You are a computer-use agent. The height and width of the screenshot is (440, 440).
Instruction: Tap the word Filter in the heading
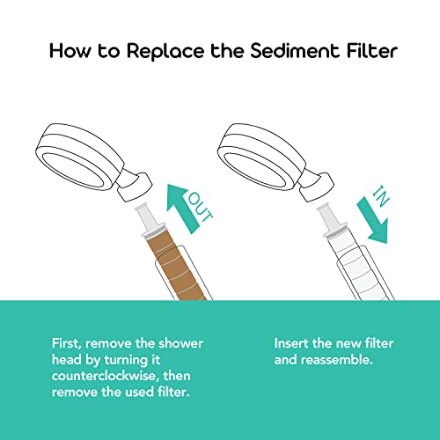(x=362, y=51)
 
